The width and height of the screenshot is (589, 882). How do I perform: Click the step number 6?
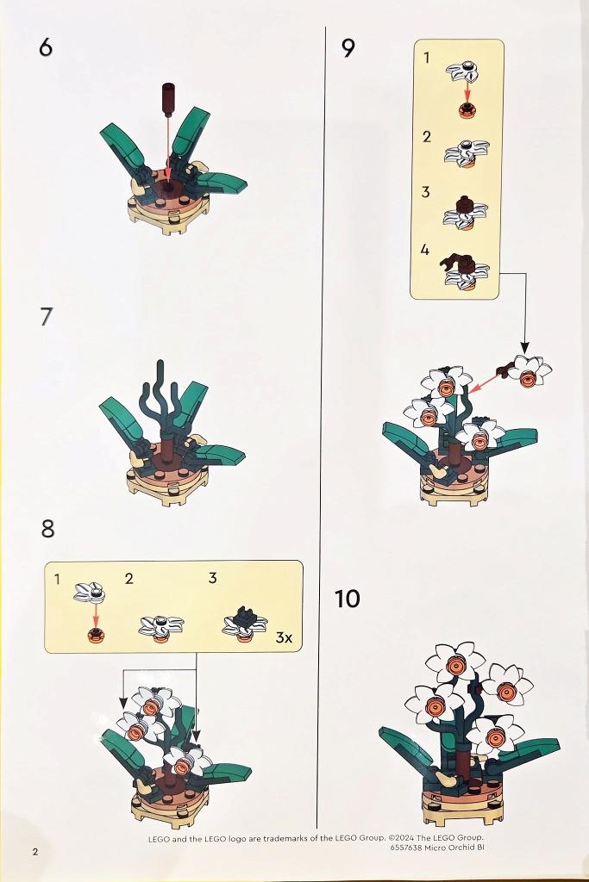(x=46, y=47)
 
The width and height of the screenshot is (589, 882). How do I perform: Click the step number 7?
(x=47, y=317)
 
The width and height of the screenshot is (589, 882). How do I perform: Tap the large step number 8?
(x=48, y=529)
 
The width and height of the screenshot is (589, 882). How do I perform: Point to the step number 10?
(x=347, y=599)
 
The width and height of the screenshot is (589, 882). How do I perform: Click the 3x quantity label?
(x=284, y=637)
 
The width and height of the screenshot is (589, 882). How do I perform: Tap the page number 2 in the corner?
(x=35, y=851)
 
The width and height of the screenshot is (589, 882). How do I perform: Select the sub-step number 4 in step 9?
(x=425, y=249)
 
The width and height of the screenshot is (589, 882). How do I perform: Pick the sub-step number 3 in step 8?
(x=212, y=578)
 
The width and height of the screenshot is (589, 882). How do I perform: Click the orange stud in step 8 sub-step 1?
(x=96, y=635)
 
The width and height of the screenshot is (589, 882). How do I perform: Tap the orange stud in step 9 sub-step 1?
(x=467, y=110)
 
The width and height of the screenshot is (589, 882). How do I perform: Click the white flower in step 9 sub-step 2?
(x=467, y=151)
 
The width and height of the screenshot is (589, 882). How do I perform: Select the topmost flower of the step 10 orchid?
(x=454, y=664)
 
